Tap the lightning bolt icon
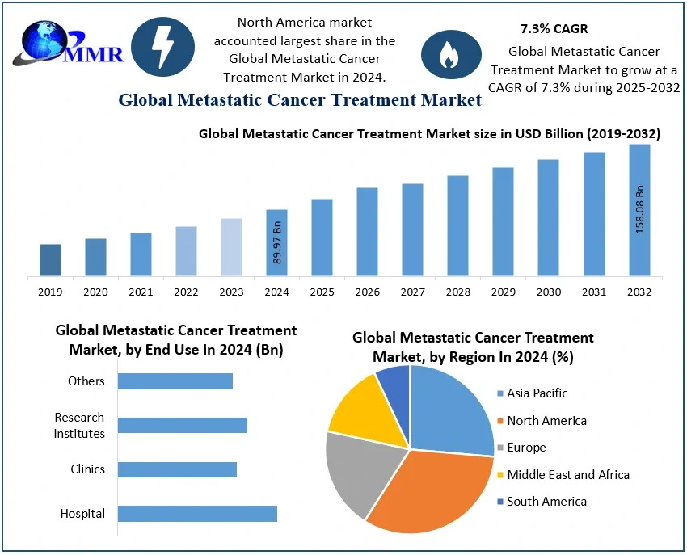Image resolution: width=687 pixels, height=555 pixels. point(162,47)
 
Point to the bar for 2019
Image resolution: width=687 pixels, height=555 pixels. point(50,260)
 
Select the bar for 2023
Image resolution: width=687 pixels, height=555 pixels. point(231,247)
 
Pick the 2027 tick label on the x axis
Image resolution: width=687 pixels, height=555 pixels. point(412,292)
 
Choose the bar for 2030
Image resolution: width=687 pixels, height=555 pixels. point(548,218)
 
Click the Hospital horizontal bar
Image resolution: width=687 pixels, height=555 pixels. point(197,514)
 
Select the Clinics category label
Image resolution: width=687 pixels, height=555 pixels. point(87,469)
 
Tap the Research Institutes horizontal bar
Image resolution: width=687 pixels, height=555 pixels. point(182,425)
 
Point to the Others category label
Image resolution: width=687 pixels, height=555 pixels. point(86,381)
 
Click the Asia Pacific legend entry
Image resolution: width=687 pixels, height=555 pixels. point(537,393)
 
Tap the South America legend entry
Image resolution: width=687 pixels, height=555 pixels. point(546,502)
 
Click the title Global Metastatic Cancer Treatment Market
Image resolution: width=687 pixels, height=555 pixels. point(300,101)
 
